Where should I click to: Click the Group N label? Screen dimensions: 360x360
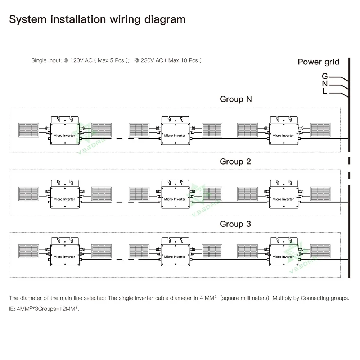pyautogui.click(x=236, y=99)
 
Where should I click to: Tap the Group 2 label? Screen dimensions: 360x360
pyautogui.click(x=235, y=162)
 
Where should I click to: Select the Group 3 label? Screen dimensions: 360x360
pyautogui.click(x=235, y=224)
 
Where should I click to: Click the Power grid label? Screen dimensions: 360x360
pyautogui.click(x=318, y=62)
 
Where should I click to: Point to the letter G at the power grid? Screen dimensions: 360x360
pyautogui.click(x=325, y=76)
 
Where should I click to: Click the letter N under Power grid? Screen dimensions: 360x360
pyautogui.click(x=325, y=84)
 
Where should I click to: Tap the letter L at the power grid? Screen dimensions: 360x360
pyautogui.click(x=325, y=92)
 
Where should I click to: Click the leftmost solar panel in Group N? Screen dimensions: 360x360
pyautogui.click(x=28, y=130)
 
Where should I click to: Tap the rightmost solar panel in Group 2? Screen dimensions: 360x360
pyautogui.click(x=320, y=193)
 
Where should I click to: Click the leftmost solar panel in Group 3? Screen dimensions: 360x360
pyautogui.click(x=28, y=251)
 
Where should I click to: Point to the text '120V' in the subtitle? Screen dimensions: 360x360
pyautogui.click(x=77, y=60)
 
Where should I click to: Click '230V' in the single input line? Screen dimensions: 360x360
pyautogui.click(x=148, y=60)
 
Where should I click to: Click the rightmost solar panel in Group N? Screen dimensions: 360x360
pyautogui.click(x=320, y=130)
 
